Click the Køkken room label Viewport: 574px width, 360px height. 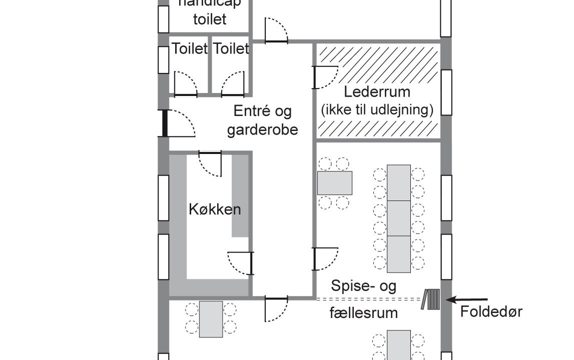click(x=214, y=209)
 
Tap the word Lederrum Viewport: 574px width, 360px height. click(x=377, y=92)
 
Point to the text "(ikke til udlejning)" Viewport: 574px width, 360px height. click(x=377, y=109)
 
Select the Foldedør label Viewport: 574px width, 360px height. click(x=491, y=312)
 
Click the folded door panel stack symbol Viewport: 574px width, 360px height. click(x=431, y=299)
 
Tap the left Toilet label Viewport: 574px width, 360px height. click(x=190, y=49)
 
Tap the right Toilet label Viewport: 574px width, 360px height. click(x=231, y=49)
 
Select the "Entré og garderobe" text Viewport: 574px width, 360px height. click(x=262, y=120)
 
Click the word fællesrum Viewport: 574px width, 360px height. click(x=363, y=313)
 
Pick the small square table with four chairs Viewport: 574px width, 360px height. click(x=334, y=183)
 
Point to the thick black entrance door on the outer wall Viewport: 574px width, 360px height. click(x=165, y=123)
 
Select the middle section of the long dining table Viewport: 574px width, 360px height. click(x=399, y=218)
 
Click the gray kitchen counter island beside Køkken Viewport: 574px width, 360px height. click(x=240, y=195)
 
